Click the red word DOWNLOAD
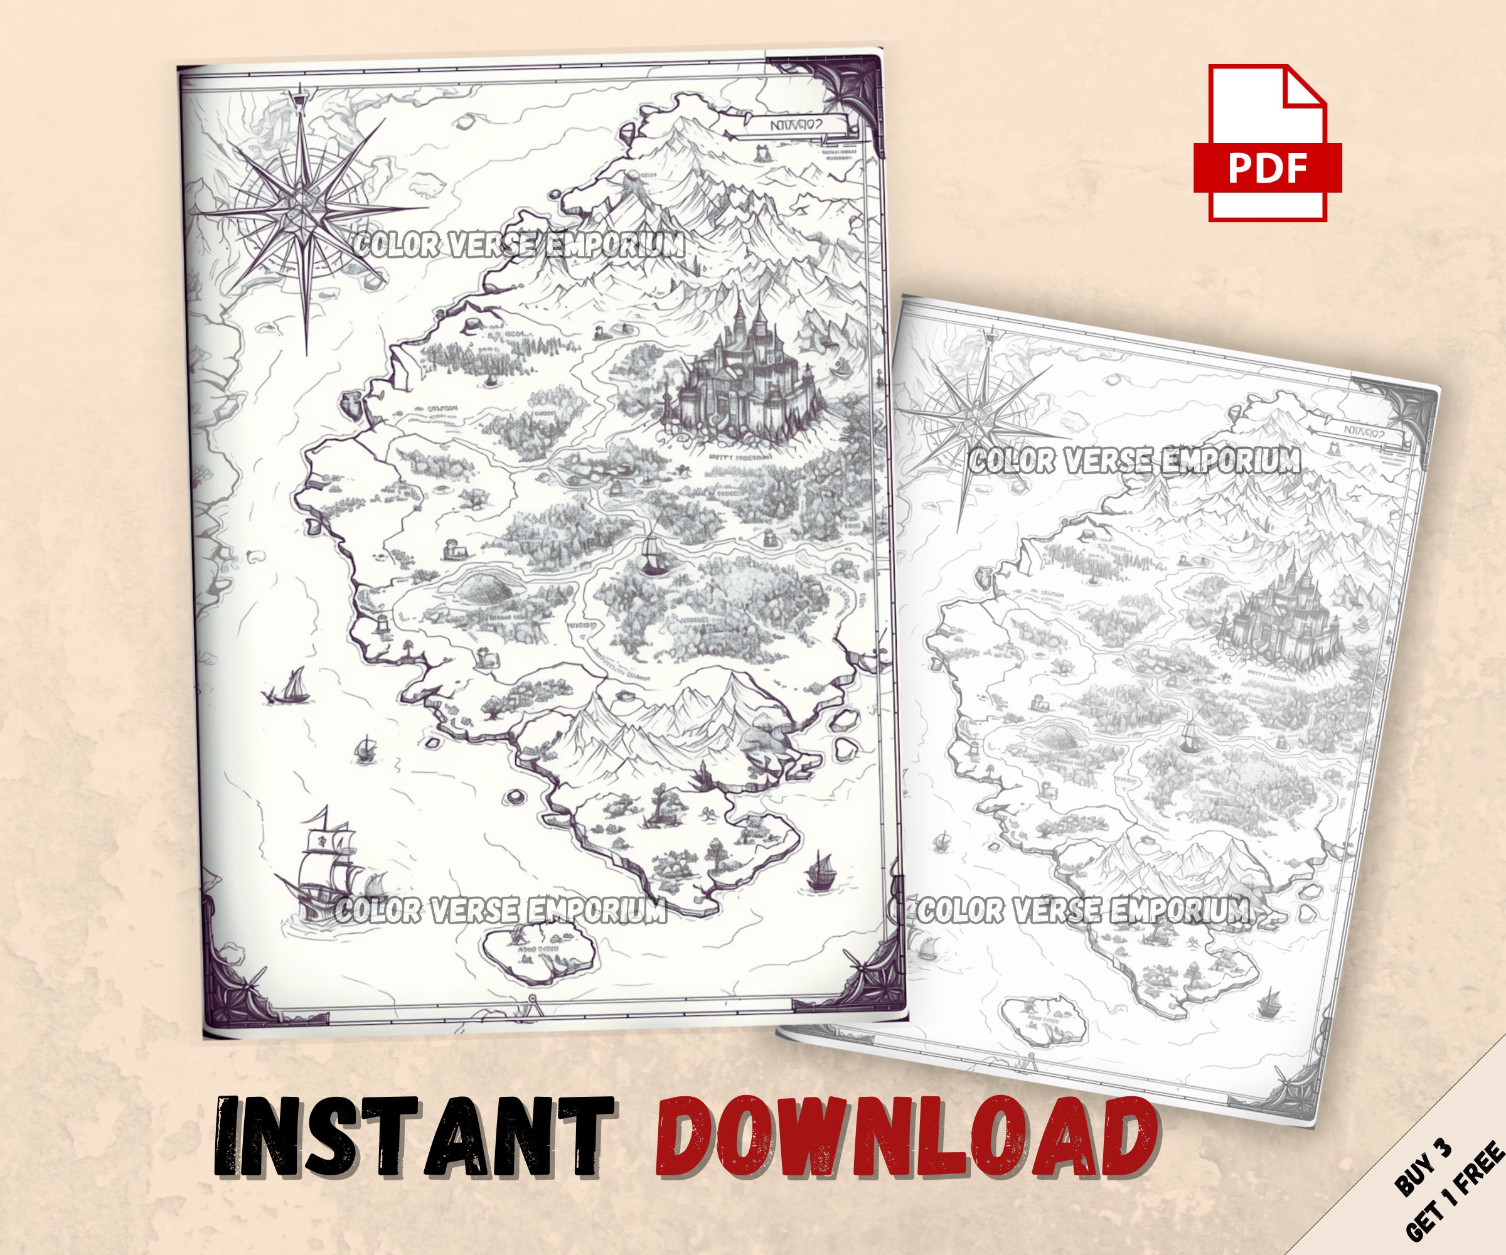click(x=904, y=1145)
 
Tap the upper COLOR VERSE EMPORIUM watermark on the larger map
click(x=518, y=245)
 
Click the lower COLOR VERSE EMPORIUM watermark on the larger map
click(x=501, y=911)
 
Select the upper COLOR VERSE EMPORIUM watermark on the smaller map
click(x=1134, y=461)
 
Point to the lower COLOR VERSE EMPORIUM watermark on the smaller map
click(x=1084, y=911)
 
